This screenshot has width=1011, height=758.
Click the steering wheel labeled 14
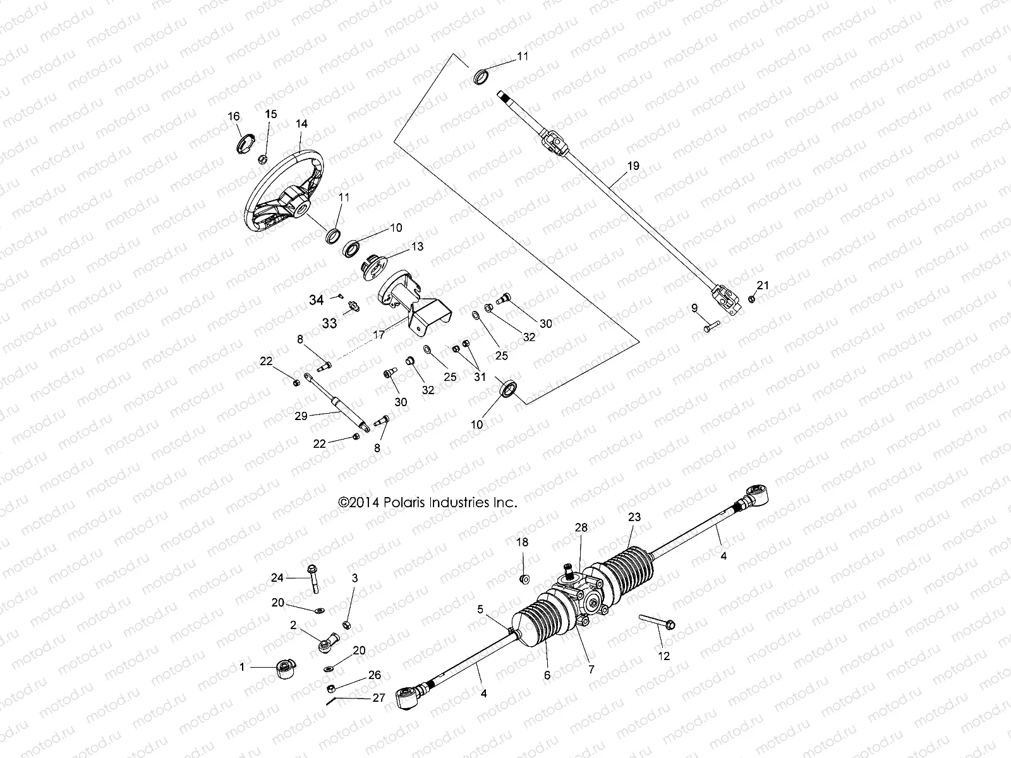[278, 189]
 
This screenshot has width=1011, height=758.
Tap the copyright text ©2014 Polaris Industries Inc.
[428, 503]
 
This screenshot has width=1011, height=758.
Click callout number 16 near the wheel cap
[234, 116]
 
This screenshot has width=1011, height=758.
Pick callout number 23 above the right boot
[634, 517]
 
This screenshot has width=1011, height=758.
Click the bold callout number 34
[316, 299]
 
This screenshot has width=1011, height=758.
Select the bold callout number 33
[329, 323]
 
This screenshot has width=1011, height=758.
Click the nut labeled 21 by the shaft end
[751, 299]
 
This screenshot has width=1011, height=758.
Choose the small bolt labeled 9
[711, 327]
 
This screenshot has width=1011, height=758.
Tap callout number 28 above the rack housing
[581, 527]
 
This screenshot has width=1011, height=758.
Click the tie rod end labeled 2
[325, 644]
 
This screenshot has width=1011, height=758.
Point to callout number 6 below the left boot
[547, 675]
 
